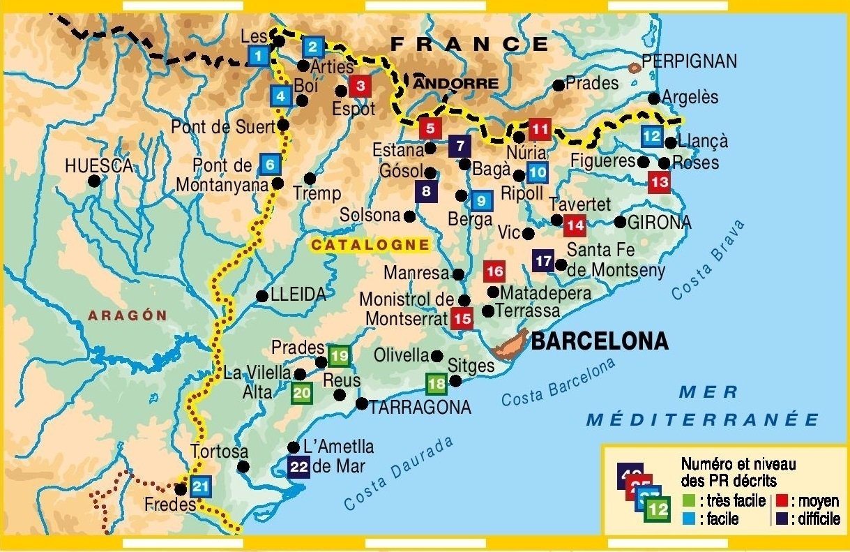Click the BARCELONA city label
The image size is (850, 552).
click(599, 341)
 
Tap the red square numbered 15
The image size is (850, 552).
click(462, 318)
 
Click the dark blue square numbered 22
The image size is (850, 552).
click(298, 466)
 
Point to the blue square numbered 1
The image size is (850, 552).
click(259, 55)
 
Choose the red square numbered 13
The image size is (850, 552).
click(658, 183)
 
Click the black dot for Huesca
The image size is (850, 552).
click(94, 181)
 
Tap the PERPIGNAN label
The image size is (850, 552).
click(689, 61)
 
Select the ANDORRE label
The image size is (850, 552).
click(457, 84)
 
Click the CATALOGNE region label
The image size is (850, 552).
click(370, 244)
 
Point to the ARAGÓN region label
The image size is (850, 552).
click(128, 315)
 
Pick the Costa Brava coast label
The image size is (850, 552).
click(708, 260)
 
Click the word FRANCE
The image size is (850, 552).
click(469, 44)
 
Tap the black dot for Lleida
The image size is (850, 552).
click(262, 296)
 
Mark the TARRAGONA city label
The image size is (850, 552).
click(420, 407)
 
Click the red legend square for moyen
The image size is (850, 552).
click(782, 501)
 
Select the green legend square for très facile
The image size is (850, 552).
click(688, 501)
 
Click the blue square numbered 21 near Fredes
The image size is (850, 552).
click(200, 487)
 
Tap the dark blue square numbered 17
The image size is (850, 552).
click(543, 260)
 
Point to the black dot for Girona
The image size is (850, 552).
click(620, 222)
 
